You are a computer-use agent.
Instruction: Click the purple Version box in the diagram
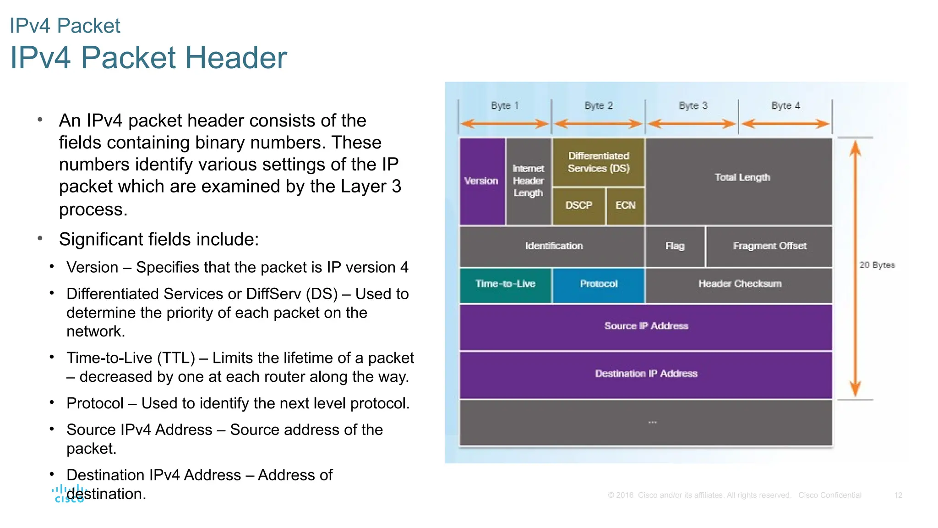[482, 181]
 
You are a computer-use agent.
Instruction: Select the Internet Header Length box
[529, 181]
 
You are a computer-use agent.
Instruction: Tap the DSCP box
[579, 206]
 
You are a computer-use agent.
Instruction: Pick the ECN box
[625, 206]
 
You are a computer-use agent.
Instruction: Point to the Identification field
[554, 246]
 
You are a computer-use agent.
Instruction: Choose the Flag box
[675, 246]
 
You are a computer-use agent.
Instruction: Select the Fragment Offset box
[769, 246]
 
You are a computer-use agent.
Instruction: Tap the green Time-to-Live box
[505, 284]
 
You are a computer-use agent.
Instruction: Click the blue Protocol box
[599, 284]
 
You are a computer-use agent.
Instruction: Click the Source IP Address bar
[646, 326]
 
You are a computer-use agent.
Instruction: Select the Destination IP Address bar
[646, 374]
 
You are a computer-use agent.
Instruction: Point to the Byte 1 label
[505, 106]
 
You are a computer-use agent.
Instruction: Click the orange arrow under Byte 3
[692, 124]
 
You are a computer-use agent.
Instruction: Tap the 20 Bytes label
[877, 265]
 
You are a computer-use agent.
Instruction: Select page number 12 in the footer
[898, 495]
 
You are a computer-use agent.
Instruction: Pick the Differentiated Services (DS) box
[599, 162]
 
